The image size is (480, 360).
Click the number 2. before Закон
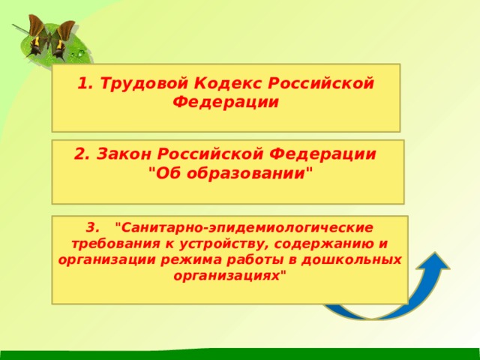click(x=82, y=154)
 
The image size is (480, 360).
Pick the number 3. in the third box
click(x=92, y=226)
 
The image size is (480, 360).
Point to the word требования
click(x=106, y=244)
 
